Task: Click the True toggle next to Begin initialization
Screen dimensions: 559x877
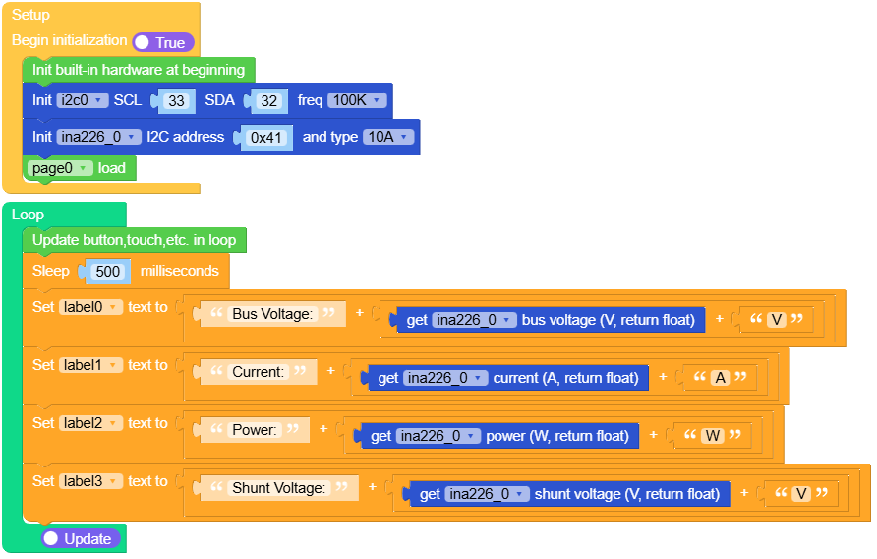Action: point(163,42)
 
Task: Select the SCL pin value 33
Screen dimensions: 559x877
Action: point(177,101)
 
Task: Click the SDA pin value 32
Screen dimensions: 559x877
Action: point(268,101)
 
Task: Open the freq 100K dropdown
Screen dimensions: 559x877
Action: point(357,100)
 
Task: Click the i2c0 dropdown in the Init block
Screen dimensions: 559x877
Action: point(83,100)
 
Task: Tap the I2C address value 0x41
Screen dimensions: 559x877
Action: point(266,138)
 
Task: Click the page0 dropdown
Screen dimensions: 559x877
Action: point(60,168)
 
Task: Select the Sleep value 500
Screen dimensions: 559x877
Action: point(108,272)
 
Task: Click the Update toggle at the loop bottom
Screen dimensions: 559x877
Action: point(81,539)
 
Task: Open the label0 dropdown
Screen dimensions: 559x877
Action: point(90,307)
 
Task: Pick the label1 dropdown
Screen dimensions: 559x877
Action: point(90,365)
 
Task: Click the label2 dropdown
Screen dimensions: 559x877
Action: point(90,423)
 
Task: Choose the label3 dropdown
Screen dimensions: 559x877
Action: point(90,481)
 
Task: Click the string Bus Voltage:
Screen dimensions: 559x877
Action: point(272,314)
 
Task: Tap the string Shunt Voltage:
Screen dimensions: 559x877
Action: point(278,488)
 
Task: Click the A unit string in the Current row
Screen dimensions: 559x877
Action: point(721,378)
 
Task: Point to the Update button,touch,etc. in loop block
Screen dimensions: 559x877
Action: point(134,240)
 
